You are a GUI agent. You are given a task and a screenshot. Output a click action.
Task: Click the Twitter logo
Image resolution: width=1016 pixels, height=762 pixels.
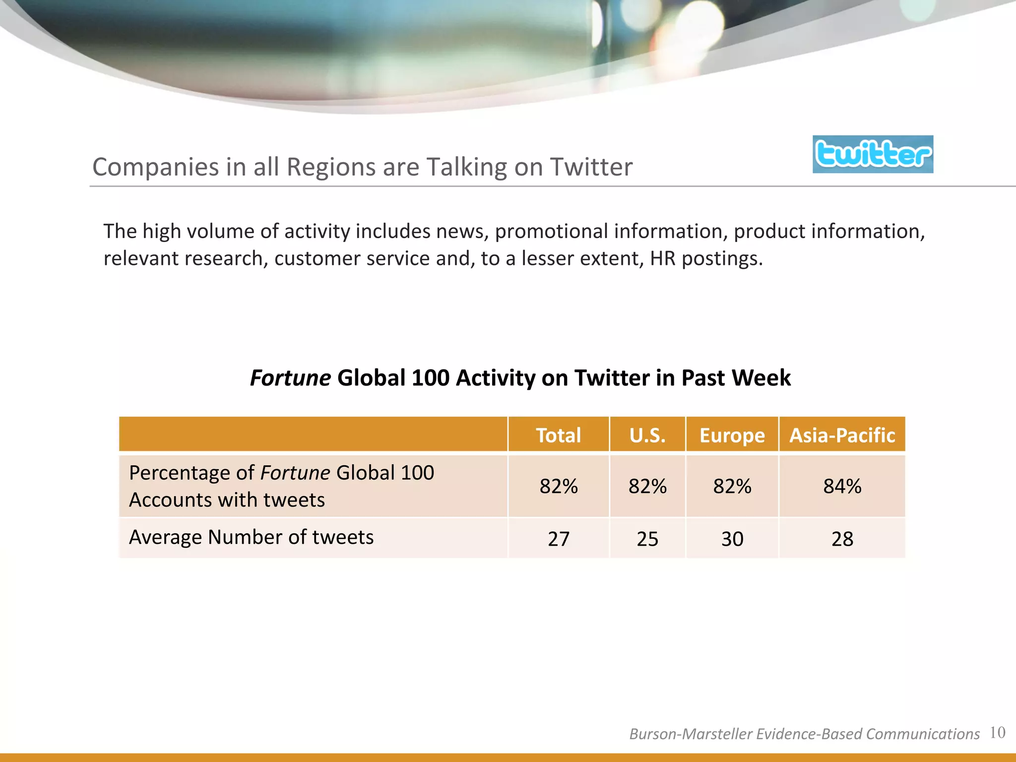(873, 154)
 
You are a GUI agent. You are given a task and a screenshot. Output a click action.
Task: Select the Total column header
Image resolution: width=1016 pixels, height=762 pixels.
(558, 435)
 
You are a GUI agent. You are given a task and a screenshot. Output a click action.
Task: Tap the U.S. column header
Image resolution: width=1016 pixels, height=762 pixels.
(647, 435)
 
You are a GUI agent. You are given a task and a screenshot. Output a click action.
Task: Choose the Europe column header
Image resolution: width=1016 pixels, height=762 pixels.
(732, 435)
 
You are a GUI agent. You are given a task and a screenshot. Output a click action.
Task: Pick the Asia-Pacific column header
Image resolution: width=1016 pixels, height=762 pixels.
(842, 435)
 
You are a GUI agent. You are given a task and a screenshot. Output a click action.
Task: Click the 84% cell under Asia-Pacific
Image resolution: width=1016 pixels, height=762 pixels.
(842, 486)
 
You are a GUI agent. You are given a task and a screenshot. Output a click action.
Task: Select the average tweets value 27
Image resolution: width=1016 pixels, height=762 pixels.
(558, 539)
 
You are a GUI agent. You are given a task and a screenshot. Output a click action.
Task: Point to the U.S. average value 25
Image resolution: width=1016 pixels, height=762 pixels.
(647, 539)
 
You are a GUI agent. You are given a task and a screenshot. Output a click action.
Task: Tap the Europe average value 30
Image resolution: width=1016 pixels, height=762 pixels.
(732, 539)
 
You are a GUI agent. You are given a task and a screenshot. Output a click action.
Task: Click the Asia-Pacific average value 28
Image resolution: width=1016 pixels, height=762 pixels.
(842, 539)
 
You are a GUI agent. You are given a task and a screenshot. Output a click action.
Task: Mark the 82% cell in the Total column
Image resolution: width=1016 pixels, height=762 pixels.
(558, 486)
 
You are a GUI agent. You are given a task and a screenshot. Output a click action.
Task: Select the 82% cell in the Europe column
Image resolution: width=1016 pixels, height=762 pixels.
(732, 486)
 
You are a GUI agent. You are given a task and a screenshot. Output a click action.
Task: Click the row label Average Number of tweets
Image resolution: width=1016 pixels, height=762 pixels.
(251, 537)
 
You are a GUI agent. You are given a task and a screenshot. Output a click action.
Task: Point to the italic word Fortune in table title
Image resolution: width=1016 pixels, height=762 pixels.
(290, 378)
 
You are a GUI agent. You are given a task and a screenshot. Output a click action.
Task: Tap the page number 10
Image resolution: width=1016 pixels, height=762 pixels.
(997, 732)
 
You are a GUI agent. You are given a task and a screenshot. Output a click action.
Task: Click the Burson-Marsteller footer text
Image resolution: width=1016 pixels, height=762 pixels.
(804, 734)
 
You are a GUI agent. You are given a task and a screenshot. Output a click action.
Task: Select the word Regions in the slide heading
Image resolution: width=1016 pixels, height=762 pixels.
(331, 167)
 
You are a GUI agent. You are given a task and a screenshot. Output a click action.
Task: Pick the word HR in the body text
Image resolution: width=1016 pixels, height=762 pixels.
(663, 258)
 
